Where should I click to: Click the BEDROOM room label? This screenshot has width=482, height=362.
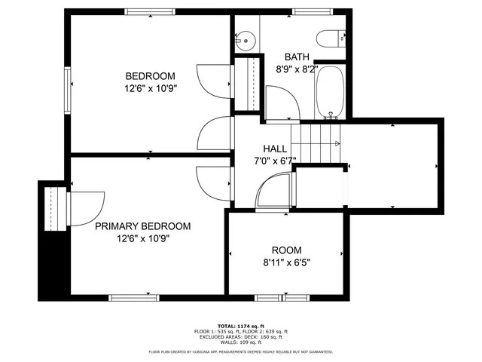pyautogui.click(x=150, y=76)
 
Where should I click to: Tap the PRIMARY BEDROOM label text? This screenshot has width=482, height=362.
pyautogui.click(x=142, y=226)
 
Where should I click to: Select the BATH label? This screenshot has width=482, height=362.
pyautogui.click(x=297, y=57)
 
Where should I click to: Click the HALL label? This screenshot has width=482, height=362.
pyautogui.click(x=275, y=149)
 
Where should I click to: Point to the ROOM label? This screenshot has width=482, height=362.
pyautogui.click(x=287, y=250)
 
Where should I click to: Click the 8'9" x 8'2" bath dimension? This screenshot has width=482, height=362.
pyautogui.click(x=297, y=67)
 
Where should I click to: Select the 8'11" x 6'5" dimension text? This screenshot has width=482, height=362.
pyautogui.click(x=286, y=262)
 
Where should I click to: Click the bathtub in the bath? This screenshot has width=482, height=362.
pyautogui.click(x=329, y=92)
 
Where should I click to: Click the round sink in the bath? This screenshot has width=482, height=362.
pyautogui.click(x=244, y=39)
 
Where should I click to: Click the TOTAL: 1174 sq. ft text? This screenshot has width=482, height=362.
pyautogui.click(x=241, y=326)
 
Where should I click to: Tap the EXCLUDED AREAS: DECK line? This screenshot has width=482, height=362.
pyautogui.click(x=241, y=336)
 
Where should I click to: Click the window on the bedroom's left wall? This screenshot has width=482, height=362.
pyautogui.click(x=68, y=90)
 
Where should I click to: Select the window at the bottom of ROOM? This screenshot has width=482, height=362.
pyautogui.click(x=271, y=296)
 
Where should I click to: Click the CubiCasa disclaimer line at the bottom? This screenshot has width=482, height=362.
pyautogui.click(x=241, y=351)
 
